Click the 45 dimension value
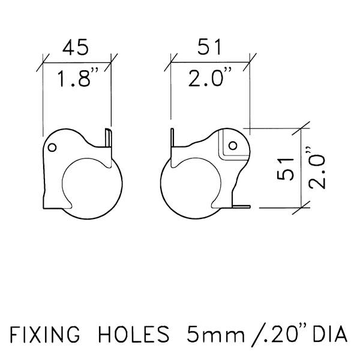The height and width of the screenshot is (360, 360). (x=76, y=47)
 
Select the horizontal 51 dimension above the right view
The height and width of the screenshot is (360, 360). (x=209, y=47)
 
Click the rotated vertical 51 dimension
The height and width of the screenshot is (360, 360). (x=286, y=169)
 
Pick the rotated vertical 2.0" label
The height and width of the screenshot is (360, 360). (x=317, y=167)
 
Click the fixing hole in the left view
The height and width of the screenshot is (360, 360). (x=52, y=148)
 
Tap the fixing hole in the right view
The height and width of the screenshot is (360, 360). (x=233, y=145)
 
